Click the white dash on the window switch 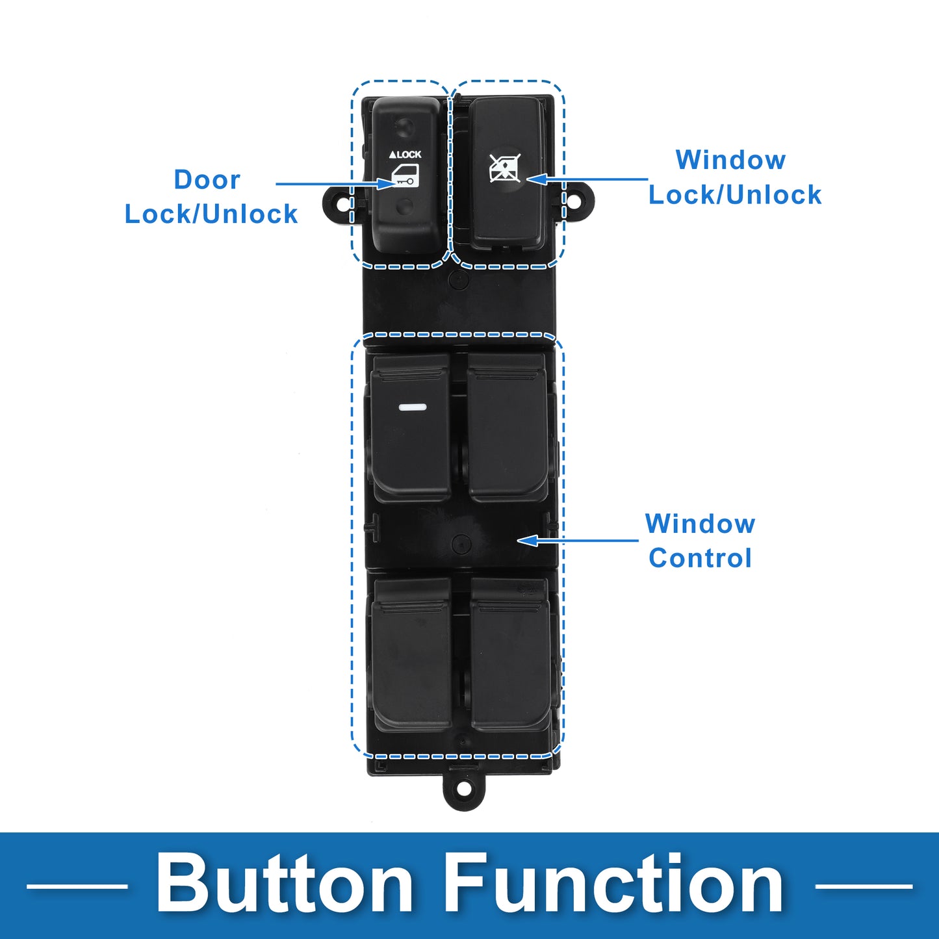[x=413, y=407]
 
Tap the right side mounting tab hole [x=575, y=199]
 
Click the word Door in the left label [x=207, y=180]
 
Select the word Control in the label [x=701, y=558]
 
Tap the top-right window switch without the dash [x=508, y=428]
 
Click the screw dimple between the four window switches [x=461, y=543]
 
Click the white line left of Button [x=77, y=886]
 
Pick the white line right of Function [x=864, y=886]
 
